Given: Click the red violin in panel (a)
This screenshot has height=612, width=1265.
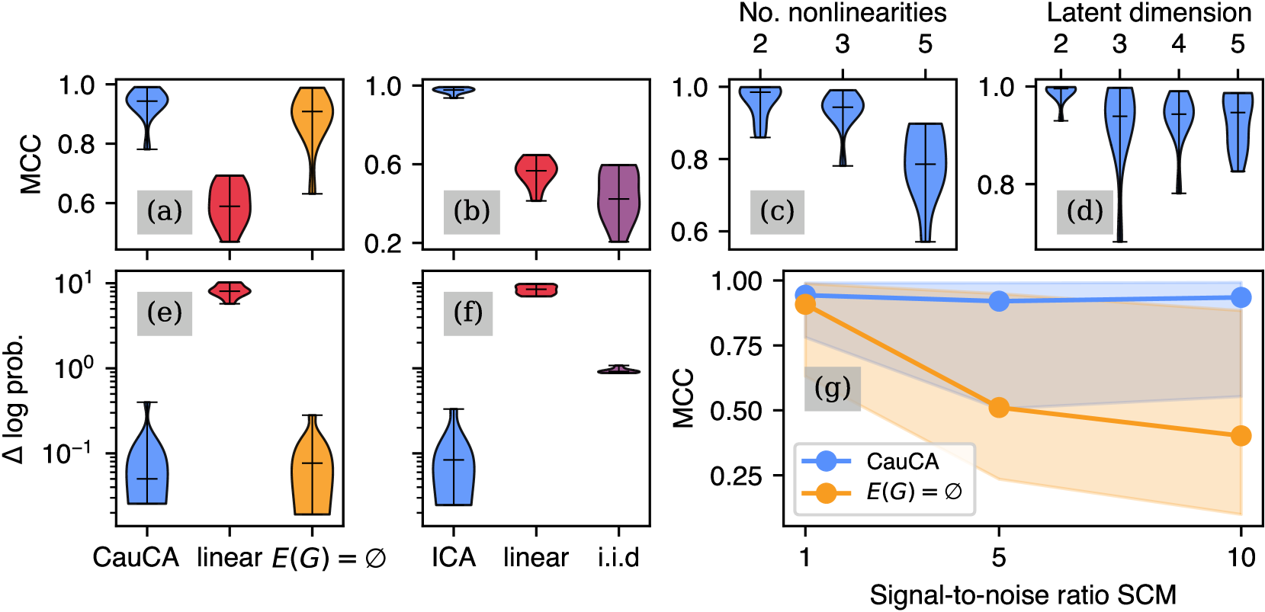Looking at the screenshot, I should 230,208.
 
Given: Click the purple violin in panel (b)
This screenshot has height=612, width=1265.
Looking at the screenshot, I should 618,202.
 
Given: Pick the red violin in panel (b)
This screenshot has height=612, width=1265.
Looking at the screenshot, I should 536,174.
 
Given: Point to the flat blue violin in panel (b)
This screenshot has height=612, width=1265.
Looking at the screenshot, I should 454,91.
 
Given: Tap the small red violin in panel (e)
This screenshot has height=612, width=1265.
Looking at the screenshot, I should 230,291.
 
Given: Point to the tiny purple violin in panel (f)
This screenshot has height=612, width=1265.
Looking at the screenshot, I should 618,370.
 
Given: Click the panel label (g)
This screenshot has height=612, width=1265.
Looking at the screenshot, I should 832,389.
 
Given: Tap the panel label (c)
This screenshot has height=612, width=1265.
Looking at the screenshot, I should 777,211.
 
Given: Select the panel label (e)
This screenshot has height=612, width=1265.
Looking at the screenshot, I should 165,312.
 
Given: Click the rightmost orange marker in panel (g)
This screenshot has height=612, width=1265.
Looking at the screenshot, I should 1241,435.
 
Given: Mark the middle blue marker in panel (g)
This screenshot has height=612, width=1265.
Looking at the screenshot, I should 999,301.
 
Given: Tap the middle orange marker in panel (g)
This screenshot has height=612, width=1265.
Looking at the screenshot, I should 999,408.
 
